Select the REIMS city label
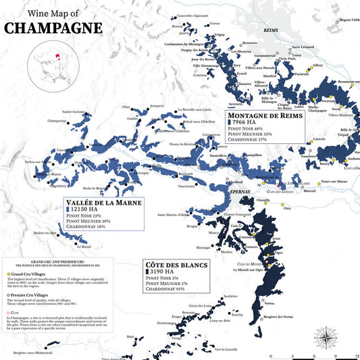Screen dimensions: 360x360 click(x=251, y=30)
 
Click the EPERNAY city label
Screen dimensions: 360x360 click(x=240, y=192)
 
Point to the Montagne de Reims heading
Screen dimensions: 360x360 click(x=264, y=116)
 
